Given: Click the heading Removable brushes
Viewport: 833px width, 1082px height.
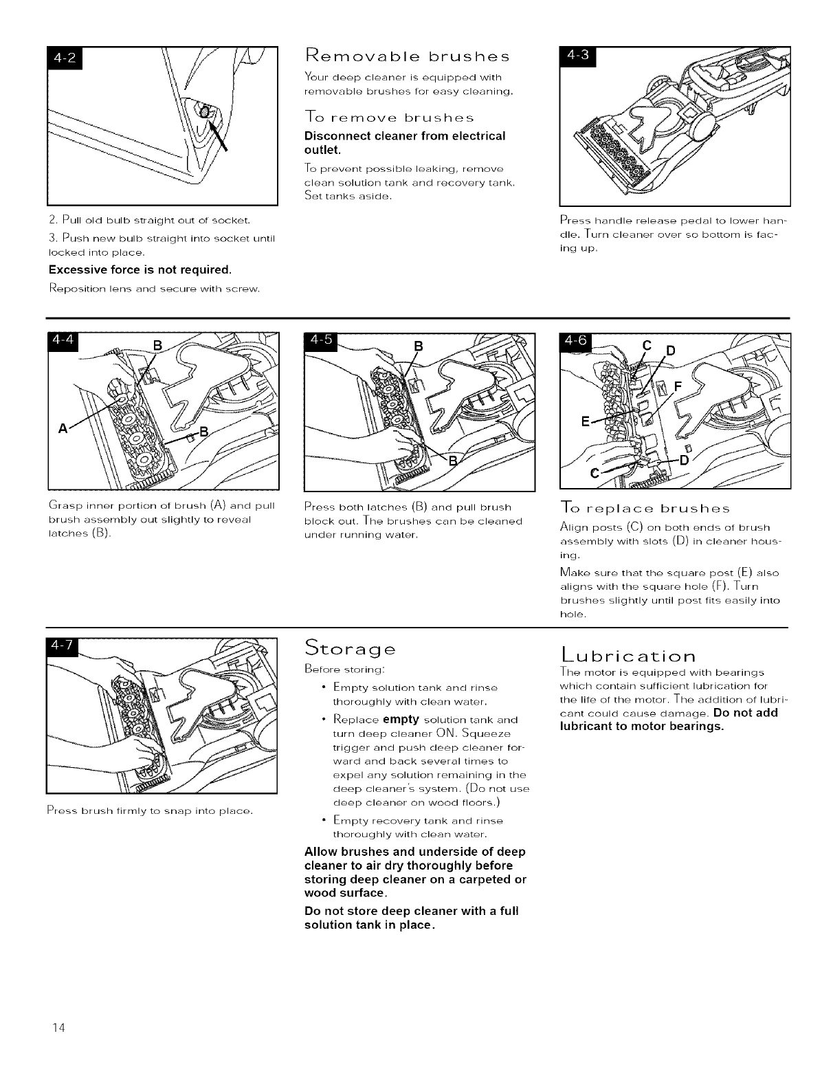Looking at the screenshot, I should [x=408, y=55].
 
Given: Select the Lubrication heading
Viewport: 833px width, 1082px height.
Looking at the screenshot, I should [x=629, y=654].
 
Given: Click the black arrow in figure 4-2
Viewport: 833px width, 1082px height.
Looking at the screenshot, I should [x=220, y=135].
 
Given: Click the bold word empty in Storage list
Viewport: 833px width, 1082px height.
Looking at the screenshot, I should [x=401, y=720].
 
